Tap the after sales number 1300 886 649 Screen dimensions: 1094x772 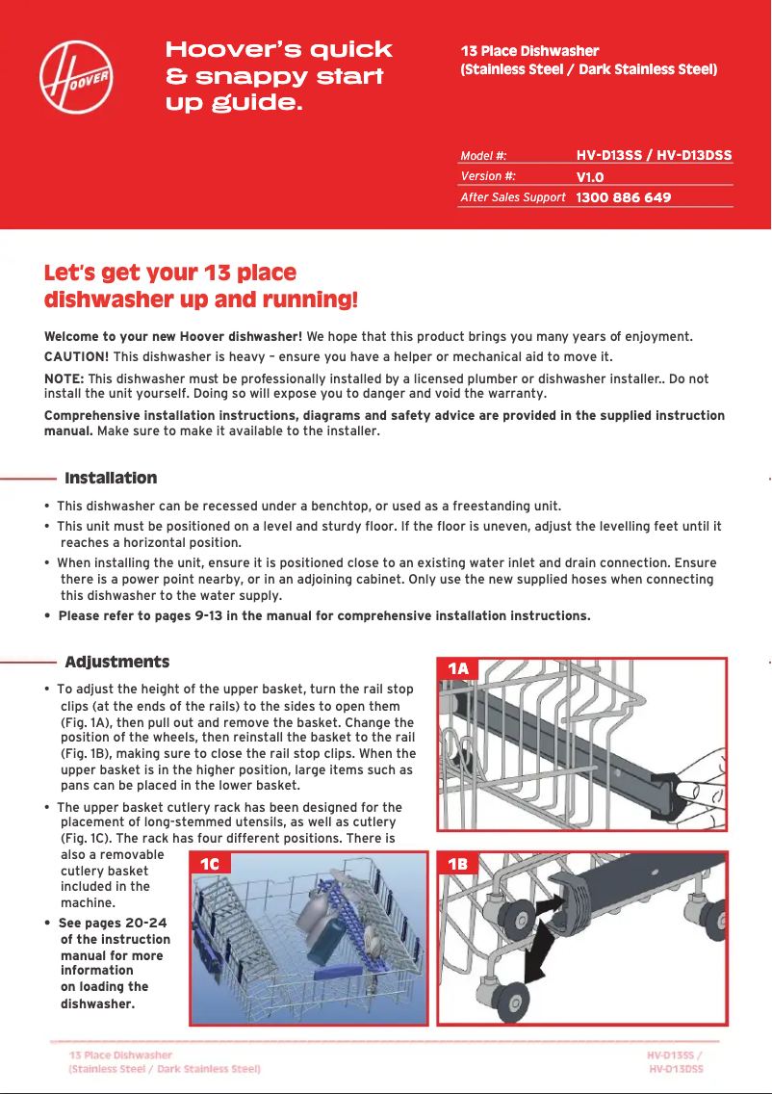coord(623,197)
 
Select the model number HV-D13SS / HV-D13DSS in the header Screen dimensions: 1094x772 coord(654,155)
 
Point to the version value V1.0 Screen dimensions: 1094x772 coord(590,177)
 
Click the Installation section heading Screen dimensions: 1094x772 coord(111,478)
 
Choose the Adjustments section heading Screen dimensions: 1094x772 coord(116,662)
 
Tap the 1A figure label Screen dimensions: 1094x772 coord(460,668)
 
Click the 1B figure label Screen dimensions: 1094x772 coord(459,864)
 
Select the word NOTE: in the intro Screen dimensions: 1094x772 coord(64,378)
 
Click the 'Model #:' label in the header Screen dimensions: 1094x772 coord(483,156)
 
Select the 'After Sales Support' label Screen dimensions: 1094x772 coord(512,197)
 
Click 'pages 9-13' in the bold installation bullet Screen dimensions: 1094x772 coord(172,615)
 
